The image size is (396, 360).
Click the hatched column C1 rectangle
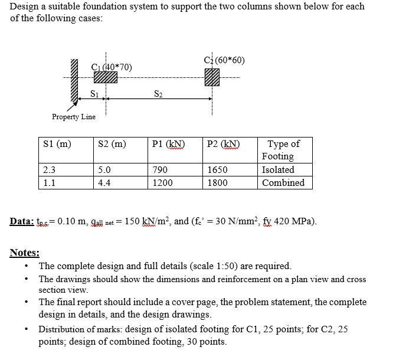pos(106,77)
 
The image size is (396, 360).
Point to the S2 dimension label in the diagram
pos(158,93)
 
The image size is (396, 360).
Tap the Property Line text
pos(73,117)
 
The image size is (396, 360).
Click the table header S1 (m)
pos(57,144)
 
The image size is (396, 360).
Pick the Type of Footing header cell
pos(283,150)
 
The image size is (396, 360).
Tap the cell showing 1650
pos(217,170)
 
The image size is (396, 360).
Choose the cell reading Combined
pos(283,183)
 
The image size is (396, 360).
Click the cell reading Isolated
pos(278,170)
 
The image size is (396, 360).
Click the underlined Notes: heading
pos(25,253)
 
